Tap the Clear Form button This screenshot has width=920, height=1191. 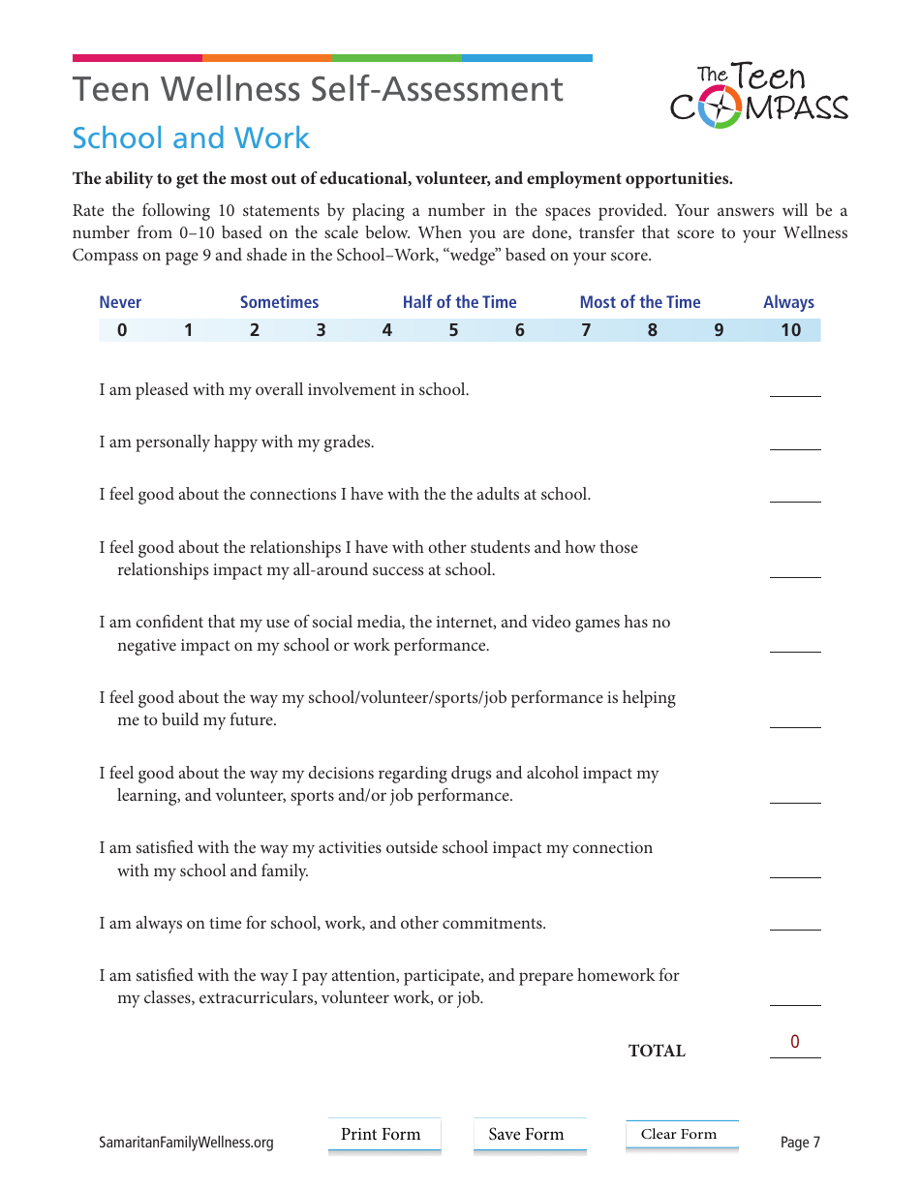pyautogui.click(x=681, y=1135)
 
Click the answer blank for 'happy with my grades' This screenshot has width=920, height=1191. pyautogui.click(x=795, y=440)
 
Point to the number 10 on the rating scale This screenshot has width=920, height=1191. pyautogui.click(x=790, y=330)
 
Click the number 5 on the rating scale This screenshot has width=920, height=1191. pyautogui.click(x=453, y=330)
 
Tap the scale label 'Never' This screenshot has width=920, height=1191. pyautogui.click(x=120, y=302)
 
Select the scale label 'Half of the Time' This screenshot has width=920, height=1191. pyautogui.click(x=460, y=302)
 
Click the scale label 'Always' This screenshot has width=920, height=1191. pyautogui.click(x=788, y=302)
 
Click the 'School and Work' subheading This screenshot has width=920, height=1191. pyautogui.click(x=191, y=138)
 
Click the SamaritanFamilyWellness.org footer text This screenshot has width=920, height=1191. pyautogui.click(x=186, y=1143)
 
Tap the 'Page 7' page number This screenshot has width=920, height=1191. pyautogui.click(x=800, y=1143)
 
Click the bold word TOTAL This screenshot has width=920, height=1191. pyautogui.click(x=657, y=1052)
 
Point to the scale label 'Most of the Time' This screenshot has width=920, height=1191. pyautogui.click(x=640, y=302)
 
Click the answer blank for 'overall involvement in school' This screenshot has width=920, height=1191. pyautogui.click(x=795, y=387)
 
